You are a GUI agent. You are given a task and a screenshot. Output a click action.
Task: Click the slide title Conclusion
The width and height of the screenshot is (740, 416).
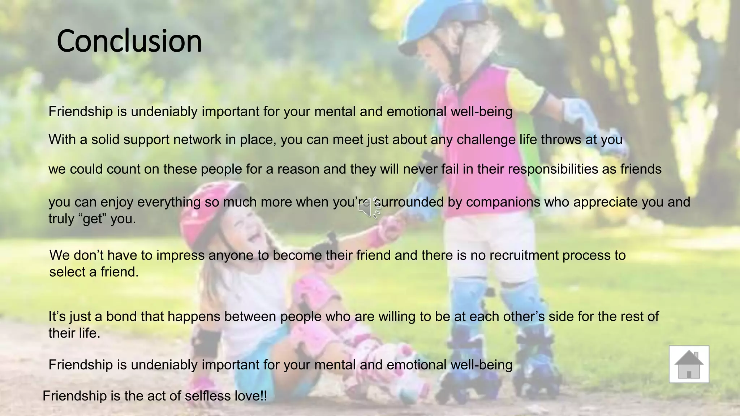pos(129,41)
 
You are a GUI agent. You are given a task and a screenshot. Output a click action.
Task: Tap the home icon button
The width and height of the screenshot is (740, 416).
pos(689,364)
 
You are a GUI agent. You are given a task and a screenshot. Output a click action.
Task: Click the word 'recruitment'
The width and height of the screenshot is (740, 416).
pos(524,255)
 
